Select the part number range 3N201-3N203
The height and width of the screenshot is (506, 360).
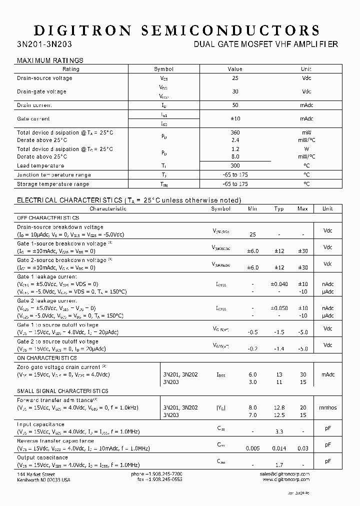[44, 44]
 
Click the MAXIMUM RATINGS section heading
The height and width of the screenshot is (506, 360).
[50, 60]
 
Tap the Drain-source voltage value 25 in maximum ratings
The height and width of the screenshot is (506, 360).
[235, 78]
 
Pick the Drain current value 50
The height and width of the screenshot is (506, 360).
[235, 105]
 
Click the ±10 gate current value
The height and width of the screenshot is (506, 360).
[235, 119]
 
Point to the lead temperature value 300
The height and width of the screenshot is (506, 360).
[235, 165]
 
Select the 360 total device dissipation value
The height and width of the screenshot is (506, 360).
[235, 132]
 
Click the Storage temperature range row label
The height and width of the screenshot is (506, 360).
[53, 184]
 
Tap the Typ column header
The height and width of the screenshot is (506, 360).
[279, 208]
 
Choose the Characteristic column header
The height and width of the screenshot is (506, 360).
[108, 208]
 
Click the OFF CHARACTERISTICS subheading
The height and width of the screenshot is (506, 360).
[48, 218]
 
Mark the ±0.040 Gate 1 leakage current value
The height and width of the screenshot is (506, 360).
[279, 284]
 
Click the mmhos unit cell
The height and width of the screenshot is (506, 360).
[328, 407]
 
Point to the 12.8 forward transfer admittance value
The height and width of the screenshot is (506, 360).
[279, 407]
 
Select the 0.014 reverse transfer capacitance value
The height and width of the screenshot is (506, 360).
[279, 448]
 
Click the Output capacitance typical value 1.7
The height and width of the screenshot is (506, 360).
[279, 465]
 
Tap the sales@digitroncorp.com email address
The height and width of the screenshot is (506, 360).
[284, 473]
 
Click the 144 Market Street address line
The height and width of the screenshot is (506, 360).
[36, 473]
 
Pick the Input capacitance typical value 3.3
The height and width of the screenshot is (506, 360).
[279, 432]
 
